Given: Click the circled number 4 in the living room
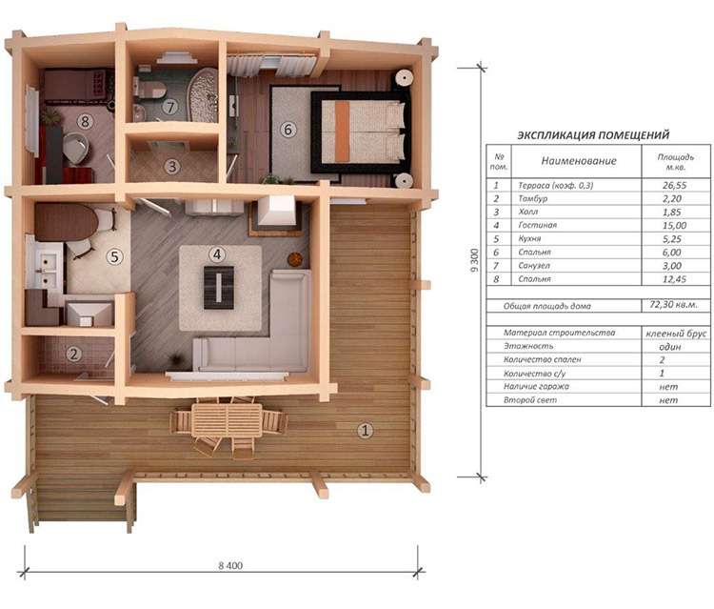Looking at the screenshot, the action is point(217,254).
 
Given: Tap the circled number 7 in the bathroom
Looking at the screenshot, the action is point(170,107).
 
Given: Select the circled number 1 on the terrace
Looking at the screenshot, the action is point(365,430).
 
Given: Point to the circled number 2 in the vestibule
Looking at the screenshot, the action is point(73,354).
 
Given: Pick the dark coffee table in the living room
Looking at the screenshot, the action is point(219,288).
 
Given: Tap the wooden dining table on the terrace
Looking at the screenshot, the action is point(227,420).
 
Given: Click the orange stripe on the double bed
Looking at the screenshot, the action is point(343,132).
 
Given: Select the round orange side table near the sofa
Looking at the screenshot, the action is point(295,259).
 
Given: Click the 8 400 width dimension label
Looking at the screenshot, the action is point(230,566).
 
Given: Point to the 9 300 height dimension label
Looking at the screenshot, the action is point(474,261).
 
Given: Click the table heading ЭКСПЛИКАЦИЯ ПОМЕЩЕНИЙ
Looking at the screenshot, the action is point(593,135).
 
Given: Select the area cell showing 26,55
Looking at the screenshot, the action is point(674,185).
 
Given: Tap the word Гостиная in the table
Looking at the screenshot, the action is point(537,225).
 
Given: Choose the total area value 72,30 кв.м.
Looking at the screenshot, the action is point(673,304).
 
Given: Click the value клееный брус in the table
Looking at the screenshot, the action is point(676,334).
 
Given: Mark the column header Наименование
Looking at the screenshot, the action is point(579,160).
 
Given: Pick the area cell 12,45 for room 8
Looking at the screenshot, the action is point(674,279).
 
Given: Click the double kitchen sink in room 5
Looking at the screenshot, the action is point(46,270).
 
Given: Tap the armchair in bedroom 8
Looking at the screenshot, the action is point(75,148).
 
